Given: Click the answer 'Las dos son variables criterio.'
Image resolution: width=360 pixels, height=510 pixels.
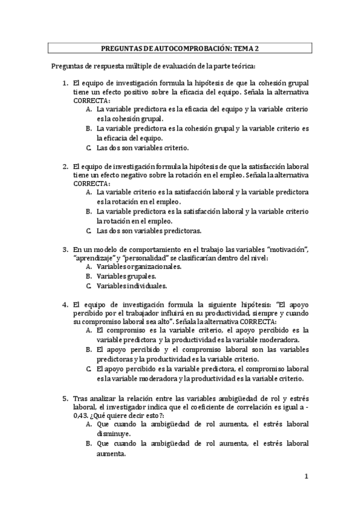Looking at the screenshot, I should pyautogui.click(x=142, y=147).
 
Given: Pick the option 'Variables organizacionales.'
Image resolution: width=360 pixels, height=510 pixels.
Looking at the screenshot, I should pyautogui.click(x=139, y=266).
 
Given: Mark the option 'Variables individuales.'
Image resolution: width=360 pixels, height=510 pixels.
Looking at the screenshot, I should pyautogui.click(x=132, y=286).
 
